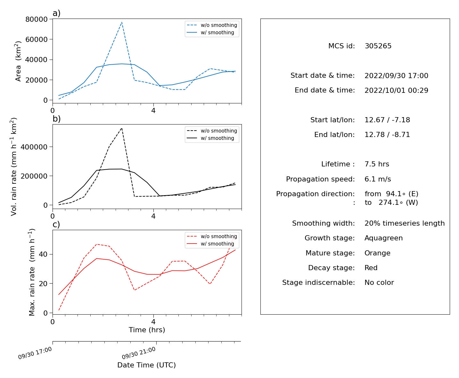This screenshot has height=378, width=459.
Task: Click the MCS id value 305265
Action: coord(378,46)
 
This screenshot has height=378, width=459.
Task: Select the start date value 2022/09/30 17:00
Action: coord(396,76)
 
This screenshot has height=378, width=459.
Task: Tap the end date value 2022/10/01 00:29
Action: coord(396,90)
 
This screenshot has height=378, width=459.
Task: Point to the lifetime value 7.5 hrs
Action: coord(377,164)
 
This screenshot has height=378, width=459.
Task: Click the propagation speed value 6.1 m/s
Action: coord(378,179)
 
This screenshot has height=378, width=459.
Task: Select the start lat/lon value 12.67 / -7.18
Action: coord(387,120)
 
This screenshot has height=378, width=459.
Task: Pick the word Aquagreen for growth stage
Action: coord(383,238)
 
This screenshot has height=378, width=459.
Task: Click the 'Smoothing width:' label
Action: coord(324,223)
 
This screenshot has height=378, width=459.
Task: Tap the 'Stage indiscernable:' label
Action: coord(318,282)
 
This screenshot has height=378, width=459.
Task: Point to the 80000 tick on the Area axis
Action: coord(36,19)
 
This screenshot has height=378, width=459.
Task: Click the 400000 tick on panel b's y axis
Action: coord(34,147)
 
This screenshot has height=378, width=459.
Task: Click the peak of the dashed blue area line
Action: coord(122,22)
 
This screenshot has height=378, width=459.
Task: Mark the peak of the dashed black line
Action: coord(122,128)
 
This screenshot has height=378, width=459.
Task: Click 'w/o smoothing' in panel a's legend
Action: coord(219,25)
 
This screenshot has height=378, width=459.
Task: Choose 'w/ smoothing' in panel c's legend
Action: coord(217,244)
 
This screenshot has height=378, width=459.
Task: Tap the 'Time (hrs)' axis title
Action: coord(147,330)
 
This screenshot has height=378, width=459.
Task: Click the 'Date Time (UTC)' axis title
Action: coord(147,365)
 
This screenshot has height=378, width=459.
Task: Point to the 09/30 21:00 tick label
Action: coord(139,353)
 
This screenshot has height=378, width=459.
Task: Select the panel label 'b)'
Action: coord(56,119)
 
